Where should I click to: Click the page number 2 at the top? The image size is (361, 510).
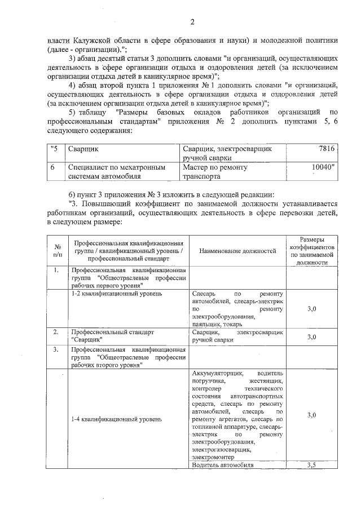[x=192, y=23]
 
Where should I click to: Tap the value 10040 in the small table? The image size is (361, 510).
[x=323, y=167]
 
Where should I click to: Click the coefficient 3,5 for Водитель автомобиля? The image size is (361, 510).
[x=311, y=465]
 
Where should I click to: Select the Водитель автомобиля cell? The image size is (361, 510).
[x=222, y=465]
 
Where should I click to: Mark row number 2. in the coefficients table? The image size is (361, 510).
[x=56, y=332]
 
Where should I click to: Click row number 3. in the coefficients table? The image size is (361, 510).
[x=56, y=350]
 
